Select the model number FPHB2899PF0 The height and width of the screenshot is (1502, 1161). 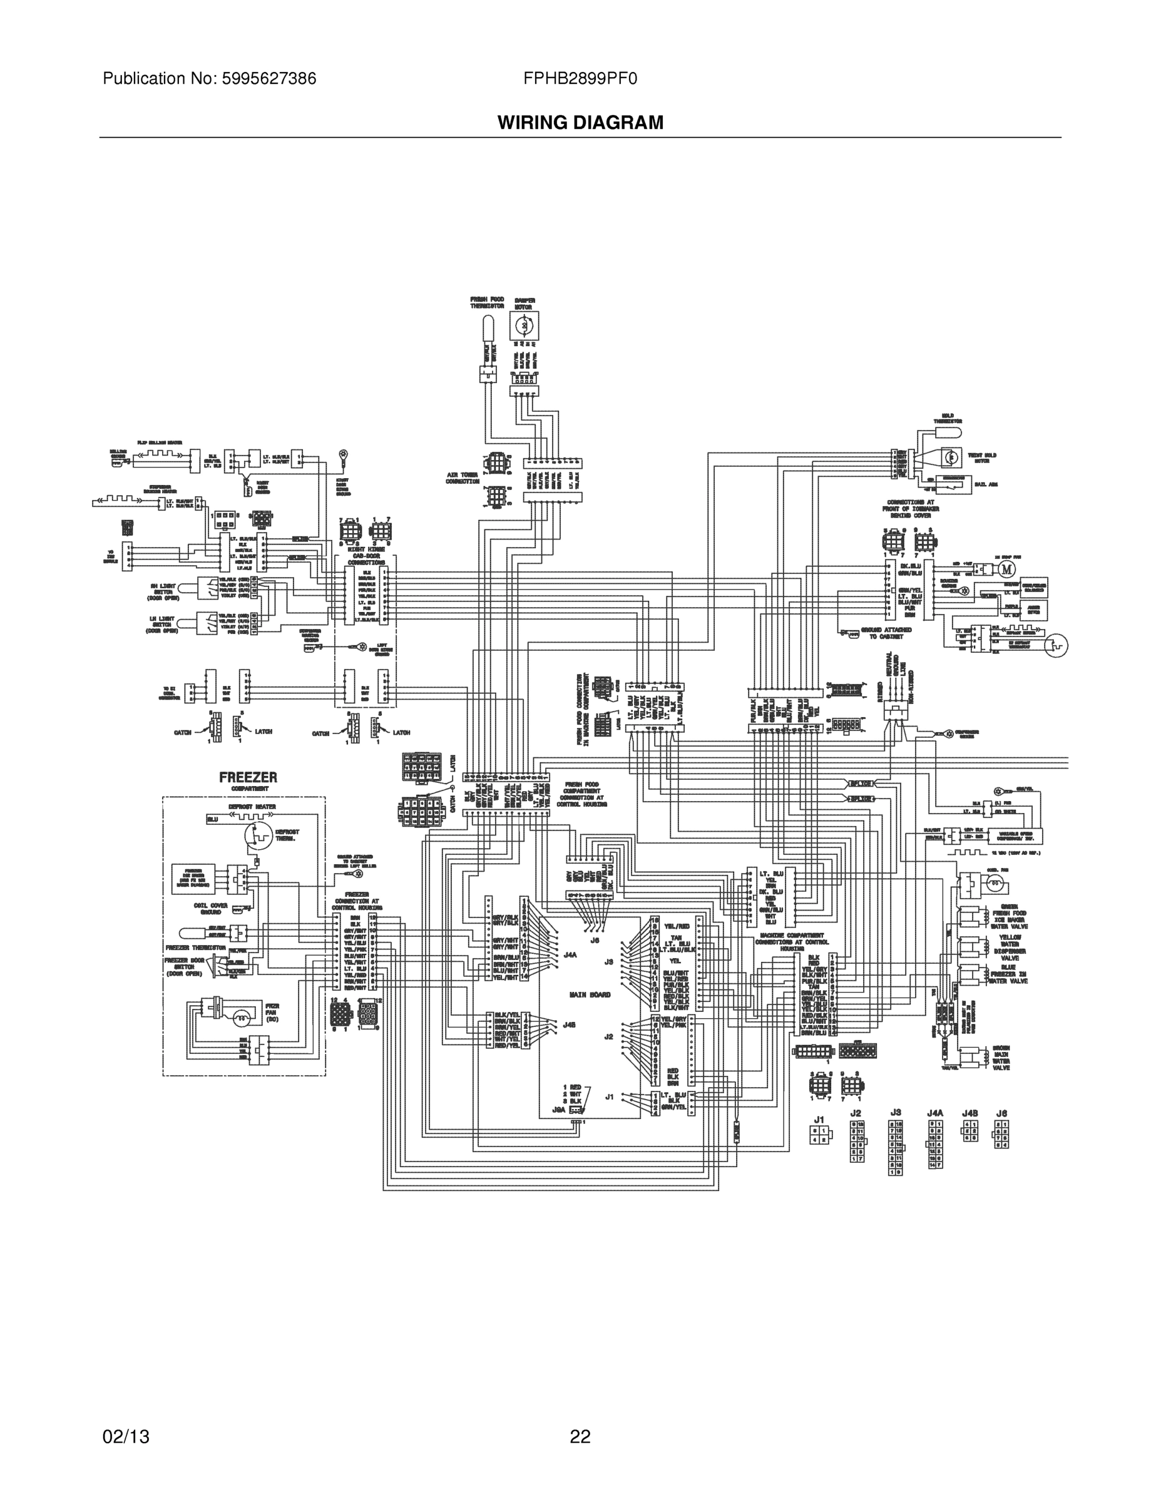(580, 79)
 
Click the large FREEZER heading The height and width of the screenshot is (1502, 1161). (248, 777)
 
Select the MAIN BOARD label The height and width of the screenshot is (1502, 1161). (590, 994)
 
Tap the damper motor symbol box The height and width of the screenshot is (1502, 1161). (524, 325)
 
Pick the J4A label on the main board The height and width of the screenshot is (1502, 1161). (570, 954)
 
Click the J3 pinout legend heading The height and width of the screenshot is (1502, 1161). (895, 1112)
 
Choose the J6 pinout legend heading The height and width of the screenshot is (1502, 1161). (1001, 1112)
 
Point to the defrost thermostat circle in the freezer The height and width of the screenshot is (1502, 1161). (258, 835)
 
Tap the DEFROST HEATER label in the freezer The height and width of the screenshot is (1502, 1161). (252, 807)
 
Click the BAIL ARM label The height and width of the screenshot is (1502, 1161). (986, 484)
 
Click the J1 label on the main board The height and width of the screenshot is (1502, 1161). (610, 1097)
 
